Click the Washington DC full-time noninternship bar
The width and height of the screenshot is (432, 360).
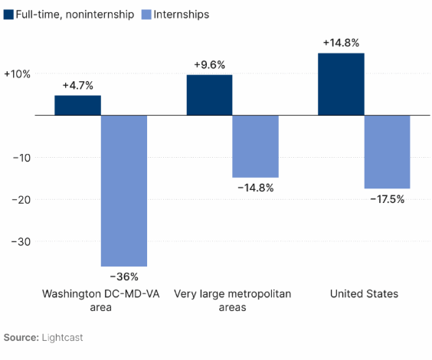pyautogui.click(x=77, y=106)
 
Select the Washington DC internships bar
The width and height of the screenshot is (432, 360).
pyautogui.click(x=123, y=191)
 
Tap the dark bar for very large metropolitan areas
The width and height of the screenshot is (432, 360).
pyautogui.click(x=209, y=95)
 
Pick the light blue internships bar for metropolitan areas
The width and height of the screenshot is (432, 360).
pyautogui.click(x=255, y=146)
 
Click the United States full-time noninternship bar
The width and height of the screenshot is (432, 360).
pyautogui.click(x=341, y=84)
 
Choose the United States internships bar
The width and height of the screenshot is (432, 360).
pyautogui.click(x=387, y=152)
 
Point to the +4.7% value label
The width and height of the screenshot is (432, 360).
pyautogui.click(x=77, y=85)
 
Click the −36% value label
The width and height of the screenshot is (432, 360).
pyautogui.click(x=124, y=277)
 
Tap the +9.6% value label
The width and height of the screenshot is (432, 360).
pyautogui.click(x=209, y=64)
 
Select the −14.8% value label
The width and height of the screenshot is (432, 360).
pyautogui.click(x=256, y=188)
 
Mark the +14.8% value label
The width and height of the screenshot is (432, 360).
pyautogui.click(x=341, y=43)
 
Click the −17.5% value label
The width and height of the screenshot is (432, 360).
pyautogui.click(x=387, y=198)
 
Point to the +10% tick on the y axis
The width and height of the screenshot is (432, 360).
pyautogui.click(x=17, y=74)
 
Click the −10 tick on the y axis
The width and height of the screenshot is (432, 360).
pyautogui.click(x=18, y=158)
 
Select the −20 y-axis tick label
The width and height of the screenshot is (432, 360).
pyautogui.click(x=18, y=200)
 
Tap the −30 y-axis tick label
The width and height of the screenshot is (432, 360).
pyautogui.click(x=18, y=242)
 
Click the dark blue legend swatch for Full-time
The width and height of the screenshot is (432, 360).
pyautogui.click(x=8, y=15)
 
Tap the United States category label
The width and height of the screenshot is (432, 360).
pyautogui.click(x=364, y=294)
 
